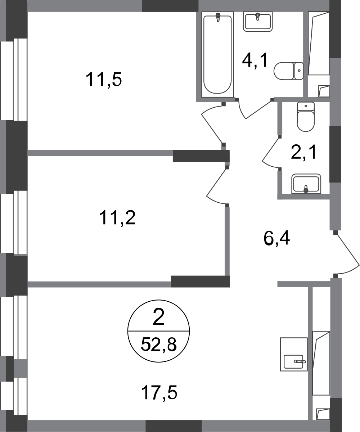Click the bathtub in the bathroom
pos(218,54)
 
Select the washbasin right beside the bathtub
pos(257,22)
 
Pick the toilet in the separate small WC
pos(306,116)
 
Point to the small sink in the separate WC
pos(306,183)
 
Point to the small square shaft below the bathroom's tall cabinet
pos(323,91)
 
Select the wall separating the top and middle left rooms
pos(101,154)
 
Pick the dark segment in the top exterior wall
pos(170,6)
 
